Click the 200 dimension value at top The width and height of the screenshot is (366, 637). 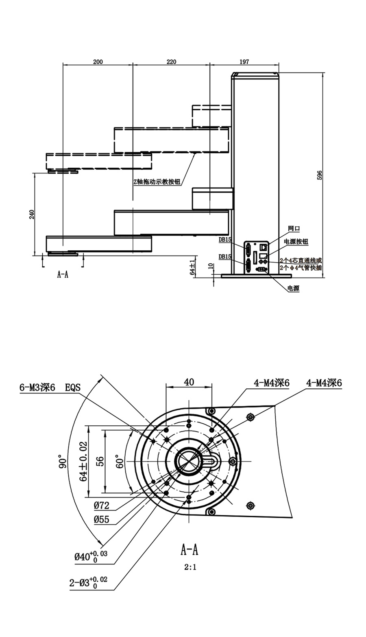pos(98,62)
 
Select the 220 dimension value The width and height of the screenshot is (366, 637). pos(172,62)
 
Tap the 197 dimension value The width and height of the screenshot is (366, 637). pos(244,62)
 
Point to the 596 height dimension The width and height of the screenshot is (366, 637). pos(320,175)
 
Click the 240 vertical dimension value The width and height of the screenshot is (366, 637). pos(32,214)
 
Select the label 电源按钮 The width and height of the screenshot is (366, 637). pos(296,241)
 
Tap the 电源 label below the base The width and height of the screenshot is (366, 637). pos(293,288)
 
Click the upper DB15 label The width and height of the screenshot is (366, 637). pos(225,240)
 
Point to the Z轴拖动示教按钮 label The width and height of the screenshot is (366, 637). pos(157,182)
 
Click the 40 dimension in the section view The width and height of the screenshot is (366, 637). pos(189,382)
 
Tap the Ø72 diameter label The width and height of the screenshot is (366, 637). pos(102,506)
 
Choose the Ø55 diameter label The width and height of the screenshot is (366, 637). pos(102,519)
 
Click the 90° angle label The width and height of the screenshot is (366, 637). pos(62,461)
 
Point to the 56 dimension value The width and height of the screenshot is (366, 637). pos(100,461)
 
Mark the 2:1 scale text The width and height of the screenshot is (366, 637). pos(189,567)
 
